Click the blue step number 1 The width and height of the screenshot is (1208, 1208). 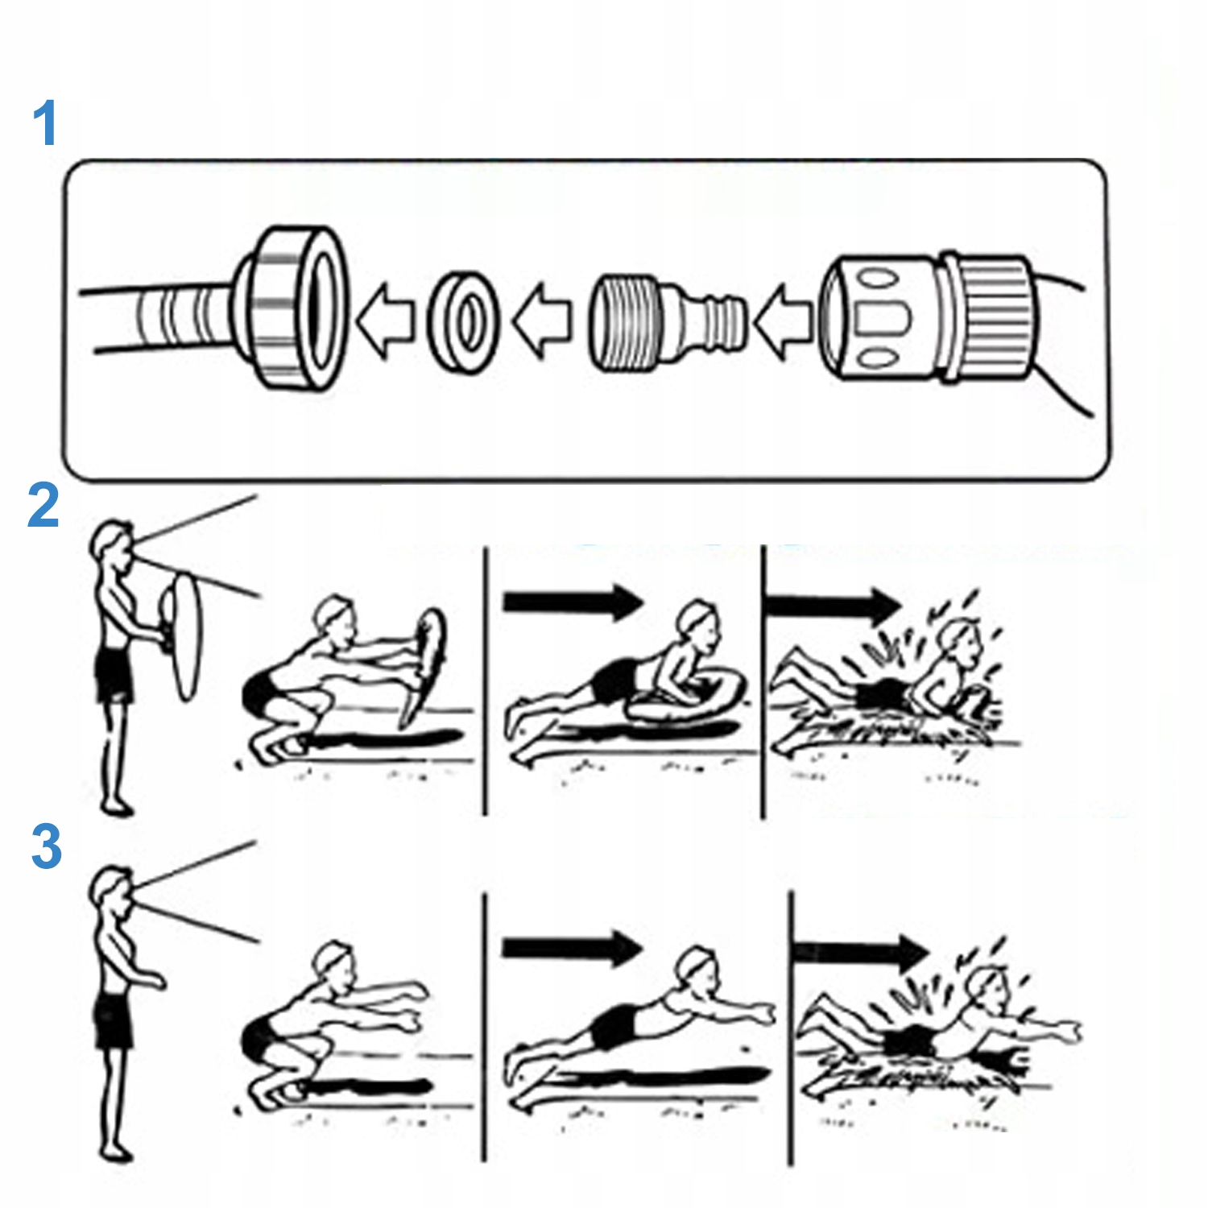click(44, 123)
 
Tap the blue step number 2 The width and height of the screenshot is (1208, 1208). click(43, 505)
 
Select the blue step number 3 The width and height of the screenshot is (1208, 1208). click(46, 846)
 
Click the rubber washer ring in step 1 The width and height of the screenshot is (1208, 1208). click(462, 321)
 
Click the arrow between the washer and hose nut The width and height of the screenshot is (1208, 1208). click(384, 321)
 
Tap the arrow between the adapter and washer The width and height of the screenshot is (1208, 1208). click(541, 321)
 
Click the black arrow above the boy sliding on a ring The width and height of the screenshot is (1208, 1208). click(572, 601)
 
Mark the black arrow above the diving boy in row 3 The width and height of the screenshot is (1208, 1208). click(572, 947)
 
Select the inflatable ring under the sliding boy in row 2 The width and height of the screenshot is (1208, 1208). click(685, 701)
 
